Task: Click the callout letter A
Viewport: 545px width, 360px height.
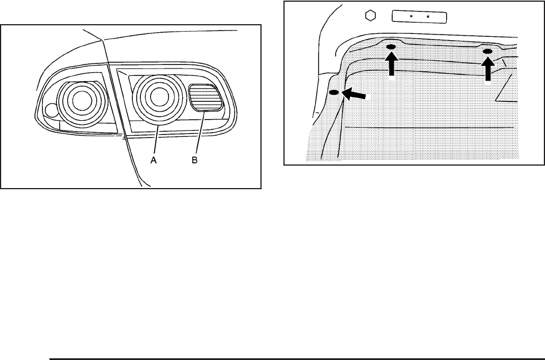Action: (x=153, y=162)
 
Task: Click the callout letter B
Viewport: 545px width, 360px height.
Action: (x=195, y=162)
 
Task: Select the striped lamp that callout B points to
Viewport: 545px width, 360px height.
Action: (x=206, y=97)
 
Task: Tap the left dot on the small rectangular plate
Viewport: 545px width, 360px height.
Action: (x=412, y=17)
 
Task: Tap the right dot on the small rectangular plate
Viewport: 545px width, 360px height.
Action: (x=428, y=17)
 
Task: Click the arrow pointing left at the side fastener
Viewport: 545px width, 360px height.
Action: (x=353, y=95)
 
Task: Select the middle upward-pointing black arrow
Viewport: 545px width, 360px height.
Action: (x=392, y=64)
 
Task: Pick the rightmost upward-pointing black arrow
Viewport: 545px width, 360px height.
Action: (x=488, y=69)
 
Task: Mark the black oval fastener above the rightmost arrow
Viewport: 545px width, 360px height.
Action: (x=488, y=52)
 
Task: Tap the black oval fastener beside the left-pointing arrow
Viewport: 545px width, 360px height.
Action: (x=333, y=93)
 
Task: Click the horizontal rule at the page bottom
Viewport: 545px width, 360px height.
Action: (x=295, y=358)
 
